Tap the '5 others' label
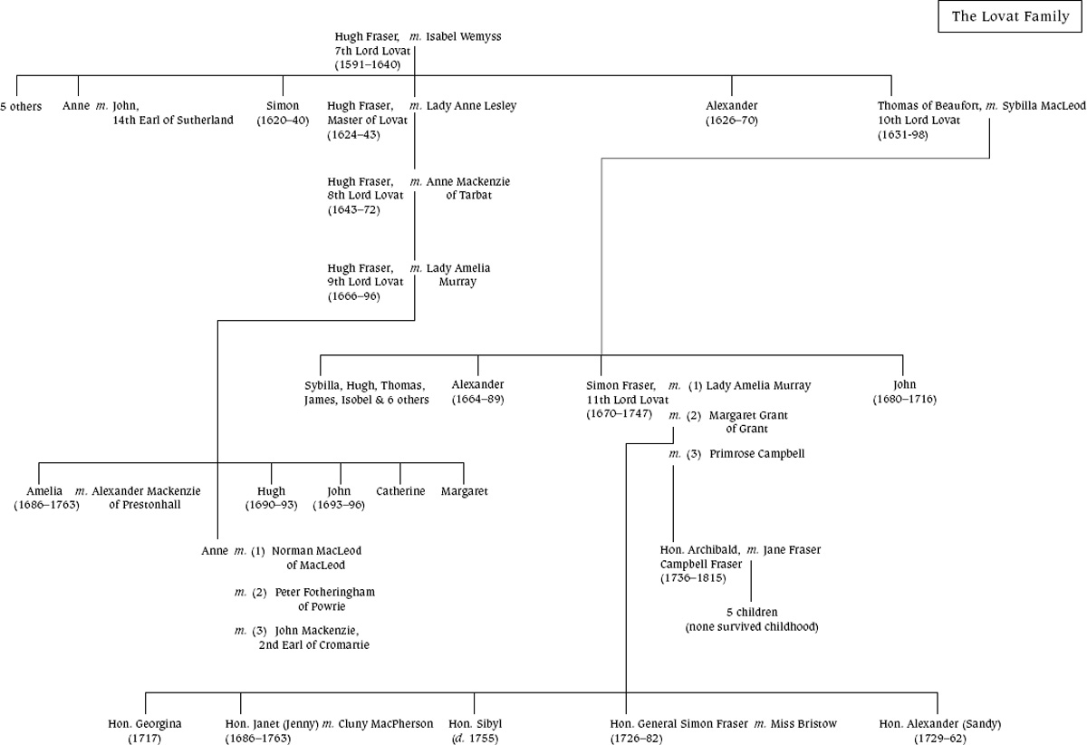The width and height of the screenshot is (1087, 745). tap(21, 107)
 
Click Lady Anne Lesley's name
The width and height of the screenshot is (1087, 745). tap(471, 106)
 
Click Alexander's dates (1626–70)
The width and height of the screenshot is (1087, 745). tap(731, 120)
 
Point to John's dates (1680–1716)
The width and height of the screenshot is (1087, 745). tap(904, 400)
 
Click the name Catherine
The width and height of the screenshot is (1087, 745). tap(400, 491)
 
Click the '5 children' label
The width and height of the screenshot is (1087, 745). tap(751, 612)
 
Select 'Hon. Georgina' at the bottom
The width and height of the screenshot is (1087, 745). tap(145, 724)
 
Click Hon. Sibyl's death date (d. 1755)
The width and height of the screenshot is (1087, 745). tap(475, 739)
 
